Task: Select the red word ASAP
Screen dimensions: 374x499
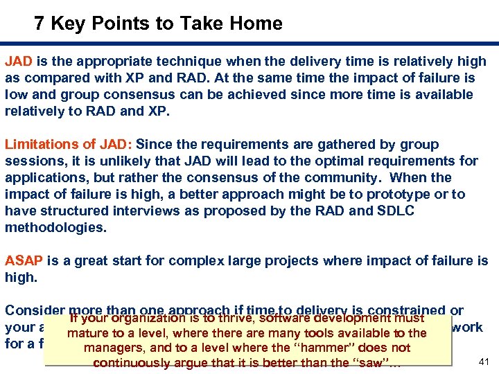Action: [24, 261]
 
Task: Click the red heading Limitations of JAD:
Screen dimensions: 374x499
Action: [69, 145]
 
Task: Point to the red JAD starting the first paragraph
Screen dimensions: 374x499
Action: [17, 62]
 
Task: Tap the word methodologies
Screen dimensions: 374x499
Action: [54, 228]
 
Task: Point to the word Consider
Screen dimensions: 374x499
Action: [35, 311]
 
